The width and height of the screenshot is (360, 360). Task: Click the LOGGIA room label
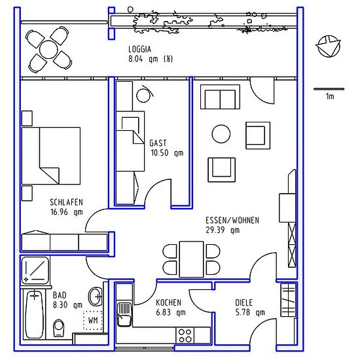tap(139, 49)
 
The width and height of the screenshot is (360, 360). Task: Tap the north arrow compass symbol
tap(328, 46)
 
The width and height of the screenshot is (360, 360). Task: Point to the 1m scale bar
tap(329, 89)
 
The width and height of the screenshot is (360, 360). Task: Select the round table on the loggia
tap(48, 50)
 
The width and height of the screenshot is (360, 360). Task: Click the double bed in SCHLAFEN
tap(51, 156)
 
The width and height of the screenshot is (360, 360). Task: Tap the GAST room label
tap(158, 143)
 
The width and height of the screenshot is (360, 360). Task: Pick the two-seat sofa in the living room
tap(220, 97)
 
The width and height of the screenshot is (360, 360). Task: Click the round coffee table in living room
tap(221, 134)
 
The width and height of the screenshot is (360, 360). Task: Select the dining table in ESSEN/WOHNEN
tap(192, 259)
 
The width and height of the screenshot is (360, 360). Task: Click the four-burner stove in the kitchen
tap(185, 336)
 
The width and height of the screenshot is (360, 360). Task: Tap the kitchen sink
tap(124, 314)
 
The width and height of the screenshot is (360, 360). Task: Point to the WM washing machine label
tap(93, 320)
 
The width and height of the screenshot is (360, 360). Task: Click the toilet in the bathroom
tap(58, 329)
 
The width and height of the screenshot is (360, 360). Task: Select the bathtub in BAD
tap(34, 314)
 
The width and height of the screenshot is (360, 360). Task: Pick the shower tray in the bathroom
tap(35, 270)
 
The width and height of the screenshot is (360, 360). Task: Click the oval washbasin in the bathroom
tap(96, 297)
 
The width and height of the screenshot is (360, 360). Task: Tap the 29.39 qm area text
tap(223, 230)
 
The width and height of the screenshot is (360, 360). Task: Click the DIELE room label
tap(243, 302)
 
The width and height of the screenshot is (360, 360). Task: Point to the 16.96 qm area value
tap(66, 212)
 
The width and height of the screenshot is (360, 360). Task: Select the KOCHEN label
tap(168, 302)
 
